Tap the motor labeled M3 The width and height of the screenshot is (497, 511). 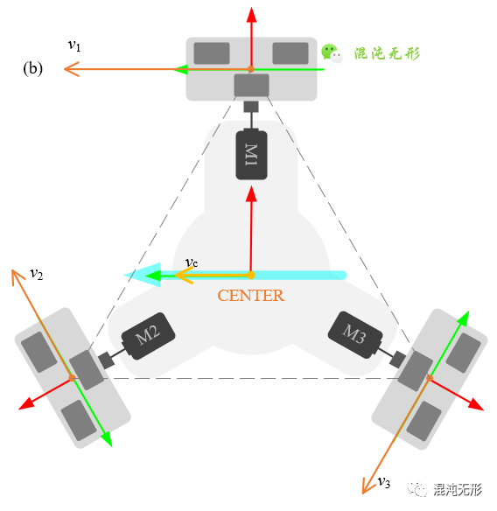point(354,334)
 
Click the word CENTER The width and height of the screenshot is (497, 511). point(250,296)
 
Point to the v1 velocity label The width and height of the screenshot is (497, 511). point(74,45)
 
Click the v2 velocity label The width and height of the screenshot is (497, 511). point(36,273)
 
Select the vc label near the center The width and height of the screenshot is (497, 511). point(191,262)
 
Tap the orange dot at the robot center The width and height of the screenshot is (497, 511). point(251,276)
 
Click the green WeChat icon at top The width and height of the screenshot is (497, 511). point(330,53)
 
